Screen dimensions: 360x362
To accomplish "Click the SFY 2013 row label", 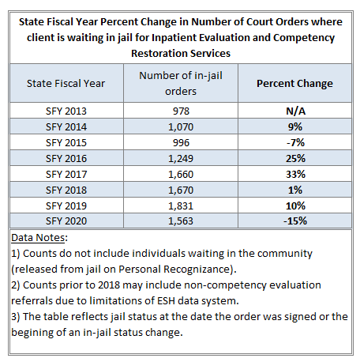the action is (x=66, y=111).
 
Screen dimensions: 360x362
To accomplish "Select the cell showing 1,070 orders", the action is (x=181, y=127).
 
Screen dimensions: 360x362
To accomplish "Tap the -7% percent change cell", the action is (x=295, y=142).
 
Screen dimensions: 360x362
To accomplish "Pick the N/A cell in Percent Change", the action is (x=295, y=111).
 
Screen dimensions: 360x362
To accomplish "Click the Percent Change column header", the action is (x=294, y=84).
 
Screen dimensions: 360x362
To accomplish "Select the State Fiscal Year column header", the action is (x=66, y=84).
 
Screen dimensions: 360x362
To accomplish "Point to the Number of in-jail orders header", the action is (x=181, y=83).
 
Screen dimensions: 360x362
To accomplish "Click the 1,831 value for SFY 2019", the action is (x=181, y=206).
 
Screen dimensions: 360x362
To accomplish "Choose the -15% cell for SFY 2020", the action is (x=295, y=221).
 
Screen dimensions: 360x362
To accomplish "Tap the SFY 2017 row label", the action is (x=66, y=174).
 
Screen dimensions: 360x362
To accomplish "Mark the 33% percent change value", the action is (x=295, y=174).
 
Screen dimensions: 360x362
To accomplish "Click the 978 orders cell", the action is (x=181, y=111).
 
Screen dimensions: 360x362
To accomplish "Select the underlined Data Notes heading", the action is (x=38, y=238).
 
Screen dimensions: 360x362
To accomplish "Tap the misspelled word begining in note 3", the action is (x=30, y=333).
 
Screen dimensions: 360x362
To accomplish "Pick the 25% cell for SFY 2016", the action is (x=295, y=158).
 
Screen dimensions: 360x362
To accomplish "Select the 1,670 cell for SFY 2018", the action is (x=181, y=190).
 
